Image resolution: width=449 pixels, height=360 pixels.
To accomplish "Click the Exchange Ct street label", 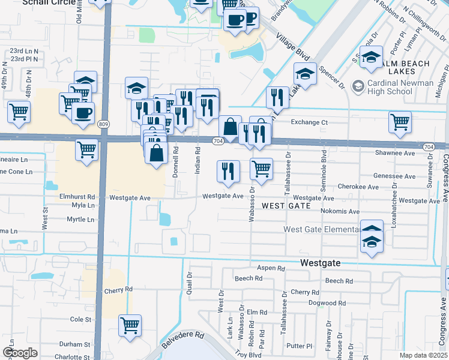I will (309, 122).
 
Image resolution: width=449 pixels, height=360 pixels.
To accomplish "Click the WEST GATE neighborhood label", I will (286, 206).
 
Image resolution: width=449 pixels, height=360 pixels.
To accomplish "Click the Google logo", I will (20, 353).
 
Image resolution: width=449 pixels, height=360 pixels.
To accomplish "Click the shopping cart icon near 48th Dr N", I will (19, 111).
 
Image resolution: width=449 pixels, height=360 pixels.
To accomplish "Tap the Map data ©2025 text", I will (423, 355).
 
